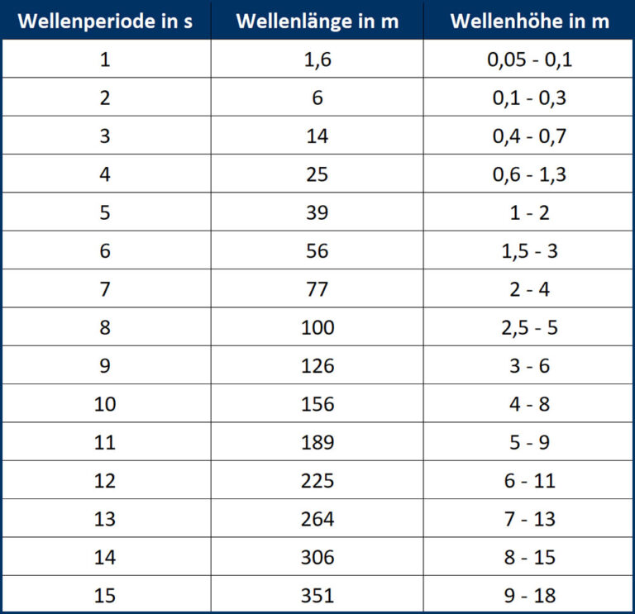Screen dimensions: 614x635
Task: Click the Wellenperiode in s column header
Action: [x=105, y=21]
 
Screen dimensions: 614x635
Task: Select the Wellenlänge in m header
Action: [x=317, y=21]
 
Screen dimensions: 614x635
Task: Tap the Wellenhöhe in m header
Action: [x=529, y=21]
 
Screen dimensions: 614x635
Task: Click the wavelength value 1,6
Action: [x=317, y=59]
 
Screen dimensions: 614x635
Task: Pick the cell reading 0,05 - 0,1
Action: [x=529, y=59]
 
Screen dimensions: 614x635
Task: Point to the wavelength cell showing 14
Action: [x=317, y=136]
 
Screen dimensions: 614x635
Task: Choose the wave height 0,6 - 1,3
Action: [x=529, y=174]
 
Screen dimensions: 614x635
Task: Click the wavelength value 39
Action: [x=317, y=213]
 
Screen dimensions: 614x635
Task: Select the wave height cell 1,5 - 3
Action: [x=529, y=251]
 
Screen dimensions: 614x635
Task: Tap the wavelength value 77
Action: [x=317, y=289]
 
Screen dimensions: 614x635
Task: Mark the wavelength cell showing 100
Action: [x=317, y=328]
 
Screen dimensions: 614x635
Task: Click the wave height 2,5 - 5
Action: [x=529, y=328]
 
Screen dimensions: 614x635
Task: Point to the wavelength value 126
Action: [x=317, y=366]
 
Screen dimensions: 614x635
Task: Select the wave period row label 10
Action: [x=105, y=404]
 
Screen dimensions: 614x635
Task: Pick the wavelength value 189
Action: [x=317, y=443]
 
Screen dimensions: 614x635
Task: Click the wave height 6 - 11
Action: [x=529, y=481]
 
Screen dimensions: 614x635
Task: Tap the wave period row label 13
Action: [x=105, y=519]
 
